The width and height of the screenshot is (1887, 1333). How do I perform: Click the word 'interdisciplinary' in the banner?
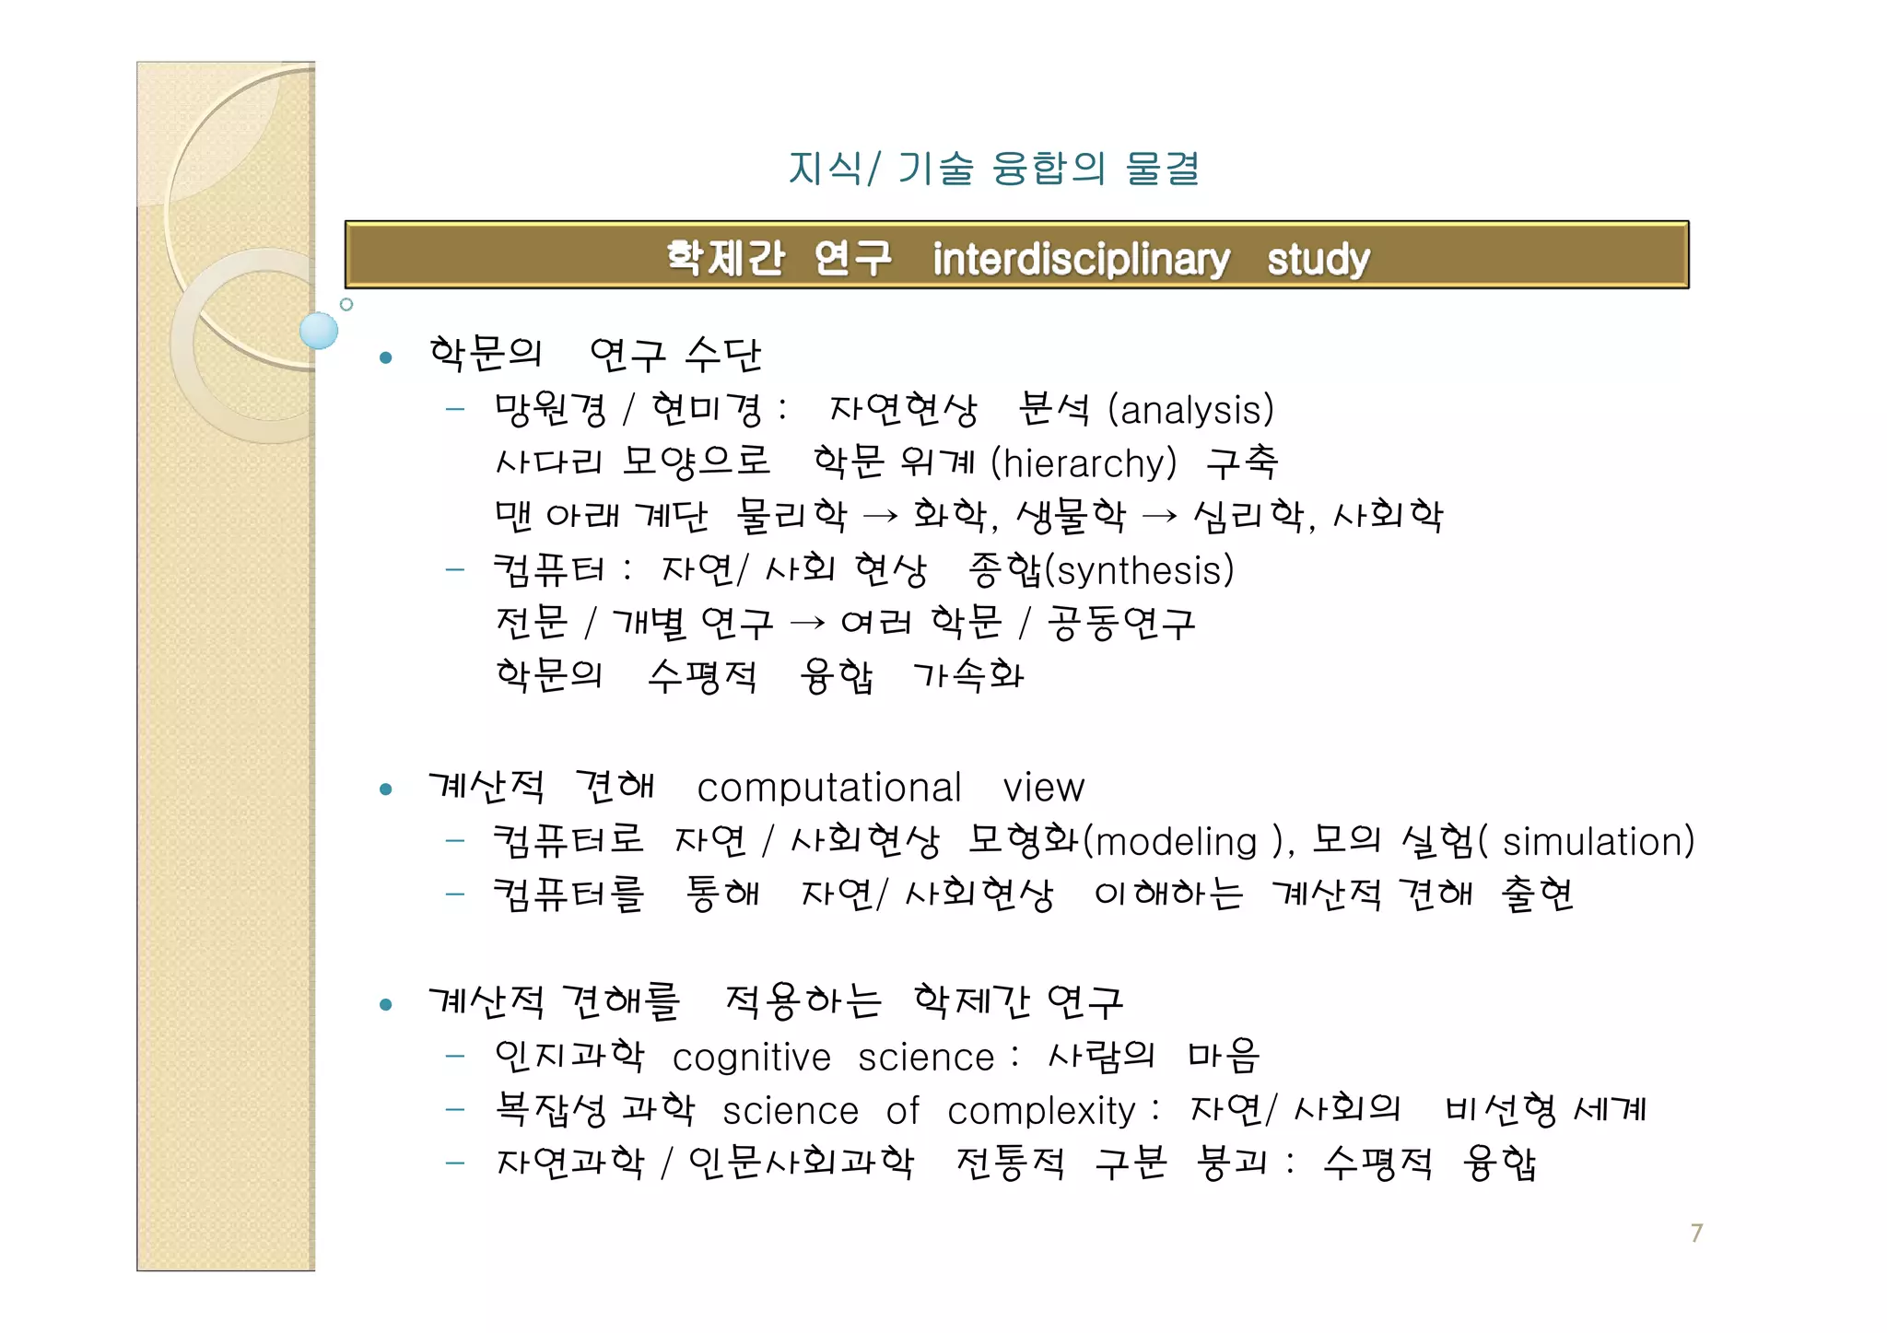pyautogui.click(x=1080, y=259)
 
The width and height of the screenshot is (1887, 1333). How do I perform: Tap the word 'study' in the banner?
pyautogui.click(x=1318, y=260)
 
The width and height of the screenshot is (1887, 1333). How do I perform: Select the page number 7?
pyautogui.click(x=1696, y=1233)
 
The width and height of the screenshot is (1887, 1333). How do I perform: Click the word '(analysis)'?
pyautogui.click(x=1190, y=410)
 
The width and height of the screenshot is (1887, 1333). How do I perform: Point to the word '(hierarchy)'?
pyautogui.click(x=1084, y=462)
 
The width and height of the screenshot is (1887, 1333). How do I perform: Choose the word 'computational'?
pyautogui.click(x=829, y=788)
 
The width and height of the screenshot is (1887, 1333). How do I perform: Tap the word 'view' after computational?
pyautogui.click(x=1043, y=788)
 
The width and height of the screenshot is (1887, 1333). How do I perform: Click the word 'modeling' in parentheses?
pyautogui.click(x=1176, y=842)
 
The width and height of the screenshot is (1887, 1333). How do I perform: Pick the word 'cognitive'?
pyautogui.click(x=751, y=1058)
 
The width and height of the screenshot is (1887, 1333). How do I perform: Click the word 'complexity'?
pyautogui.click(x=1041, y=1111)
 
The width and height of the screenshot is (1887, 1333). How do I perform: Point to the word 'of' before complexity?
pyautogui.click(x=902, y=1111)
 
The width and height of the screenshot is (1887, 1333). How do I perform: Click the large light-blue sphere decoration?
pyautogui.click(x=319, y=330)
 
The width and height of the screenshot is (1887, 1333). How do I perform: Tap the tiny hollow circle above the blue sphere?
pyautogui.click(x=346, y=304)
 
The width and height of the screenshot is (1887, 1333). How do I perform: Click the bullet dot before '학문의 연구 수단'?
pyautogui.click(x=386, y=357)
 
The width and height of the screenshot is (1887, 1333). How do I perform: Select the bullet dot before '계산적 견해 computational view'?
pyautogui.click(x=386, y=789)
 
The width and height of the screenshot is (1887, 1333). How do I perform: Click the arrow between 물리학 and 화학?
pyautogui.click(x=879, y=517)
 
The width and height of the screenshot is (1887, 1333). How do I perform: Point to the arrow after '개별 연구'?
pyautogui.click(x=807, y=624)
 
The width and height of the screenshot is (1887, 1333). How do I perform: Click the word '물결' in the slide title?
pyautogui.click(x=1162, y=169)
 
